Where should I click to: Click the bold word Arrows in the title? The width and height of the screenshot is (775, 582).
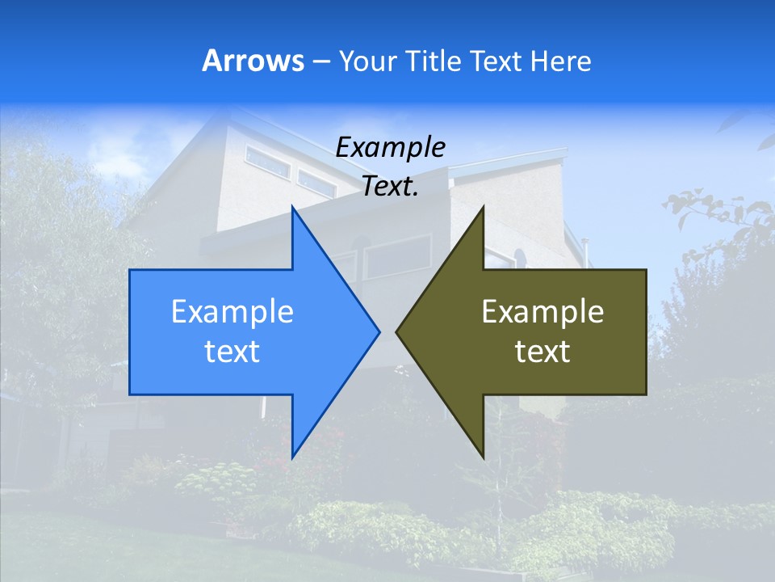point(253,61)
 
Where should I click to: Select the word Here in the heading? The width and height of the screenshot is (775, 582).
point(560,61)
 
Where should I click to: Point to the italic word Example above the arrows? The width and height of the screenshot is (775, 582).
point(390,147)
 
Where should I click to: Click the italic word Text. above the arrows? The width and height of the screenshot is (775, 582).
point(390,186)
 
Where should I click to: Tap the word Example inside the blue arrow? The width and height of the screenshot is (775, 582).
point(232,312)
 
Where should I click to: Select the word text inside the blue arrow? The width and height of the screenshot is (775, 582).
point(232,351)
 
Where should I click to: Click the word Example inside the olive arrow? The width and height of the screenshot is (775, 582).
point(542,312)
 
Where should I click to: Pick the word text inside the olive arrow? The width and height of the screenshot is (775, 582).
point(542,351)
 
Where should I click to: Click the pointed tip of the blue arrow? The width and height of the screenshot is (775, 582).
point(379,331)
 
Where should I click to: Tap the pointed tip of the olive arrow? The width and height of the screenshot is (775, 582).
point(396,331)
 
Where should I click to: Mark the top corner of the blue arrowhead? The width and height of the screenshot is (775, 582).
point(292,208)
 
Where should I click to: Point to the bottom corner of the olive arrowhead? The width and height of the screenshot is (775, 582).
point(483,456)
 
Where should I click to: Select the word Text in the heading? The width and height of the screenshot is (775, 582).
point(495,61)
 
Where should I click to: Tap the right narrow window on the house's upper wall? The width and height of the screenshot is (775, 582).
point(316,183)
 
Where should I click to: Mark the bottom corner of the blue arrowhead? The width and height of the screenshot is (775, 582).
point(292,456)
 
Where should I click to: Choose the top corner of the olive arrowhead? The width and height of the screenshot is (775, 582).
point(483,208)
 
